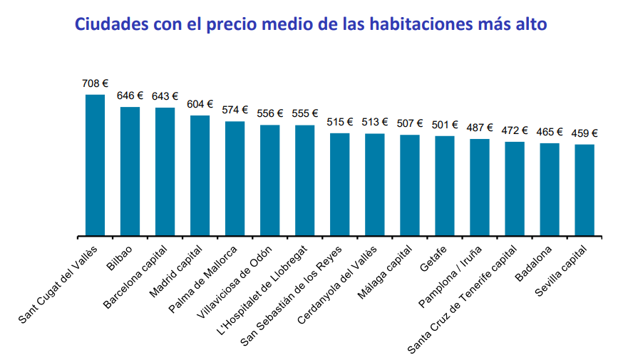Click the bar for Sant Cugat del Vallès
[x=95, y=165]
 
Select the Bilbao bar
[x=130, y=171]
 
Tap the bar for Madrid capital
[x=200, y=175]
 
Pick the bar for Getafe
[x=445, y=185]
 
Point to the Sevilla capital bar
[x=585, y=190]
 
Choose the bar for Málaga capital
[x=410, y=185]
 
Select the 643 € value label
[x=165, y=97]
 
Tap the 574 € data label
[x=235, y=110]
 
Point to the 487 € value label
[x=480, y=128]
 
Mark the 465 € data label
[x=550, y=132]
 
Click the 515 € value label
[x=340, y=122]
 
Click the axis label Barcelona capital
[x=136, y=277]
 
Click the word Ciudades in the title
[x=110, y=24]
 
